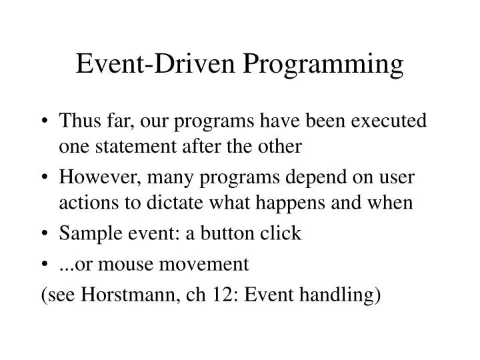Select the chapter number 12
click(215, 295)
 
